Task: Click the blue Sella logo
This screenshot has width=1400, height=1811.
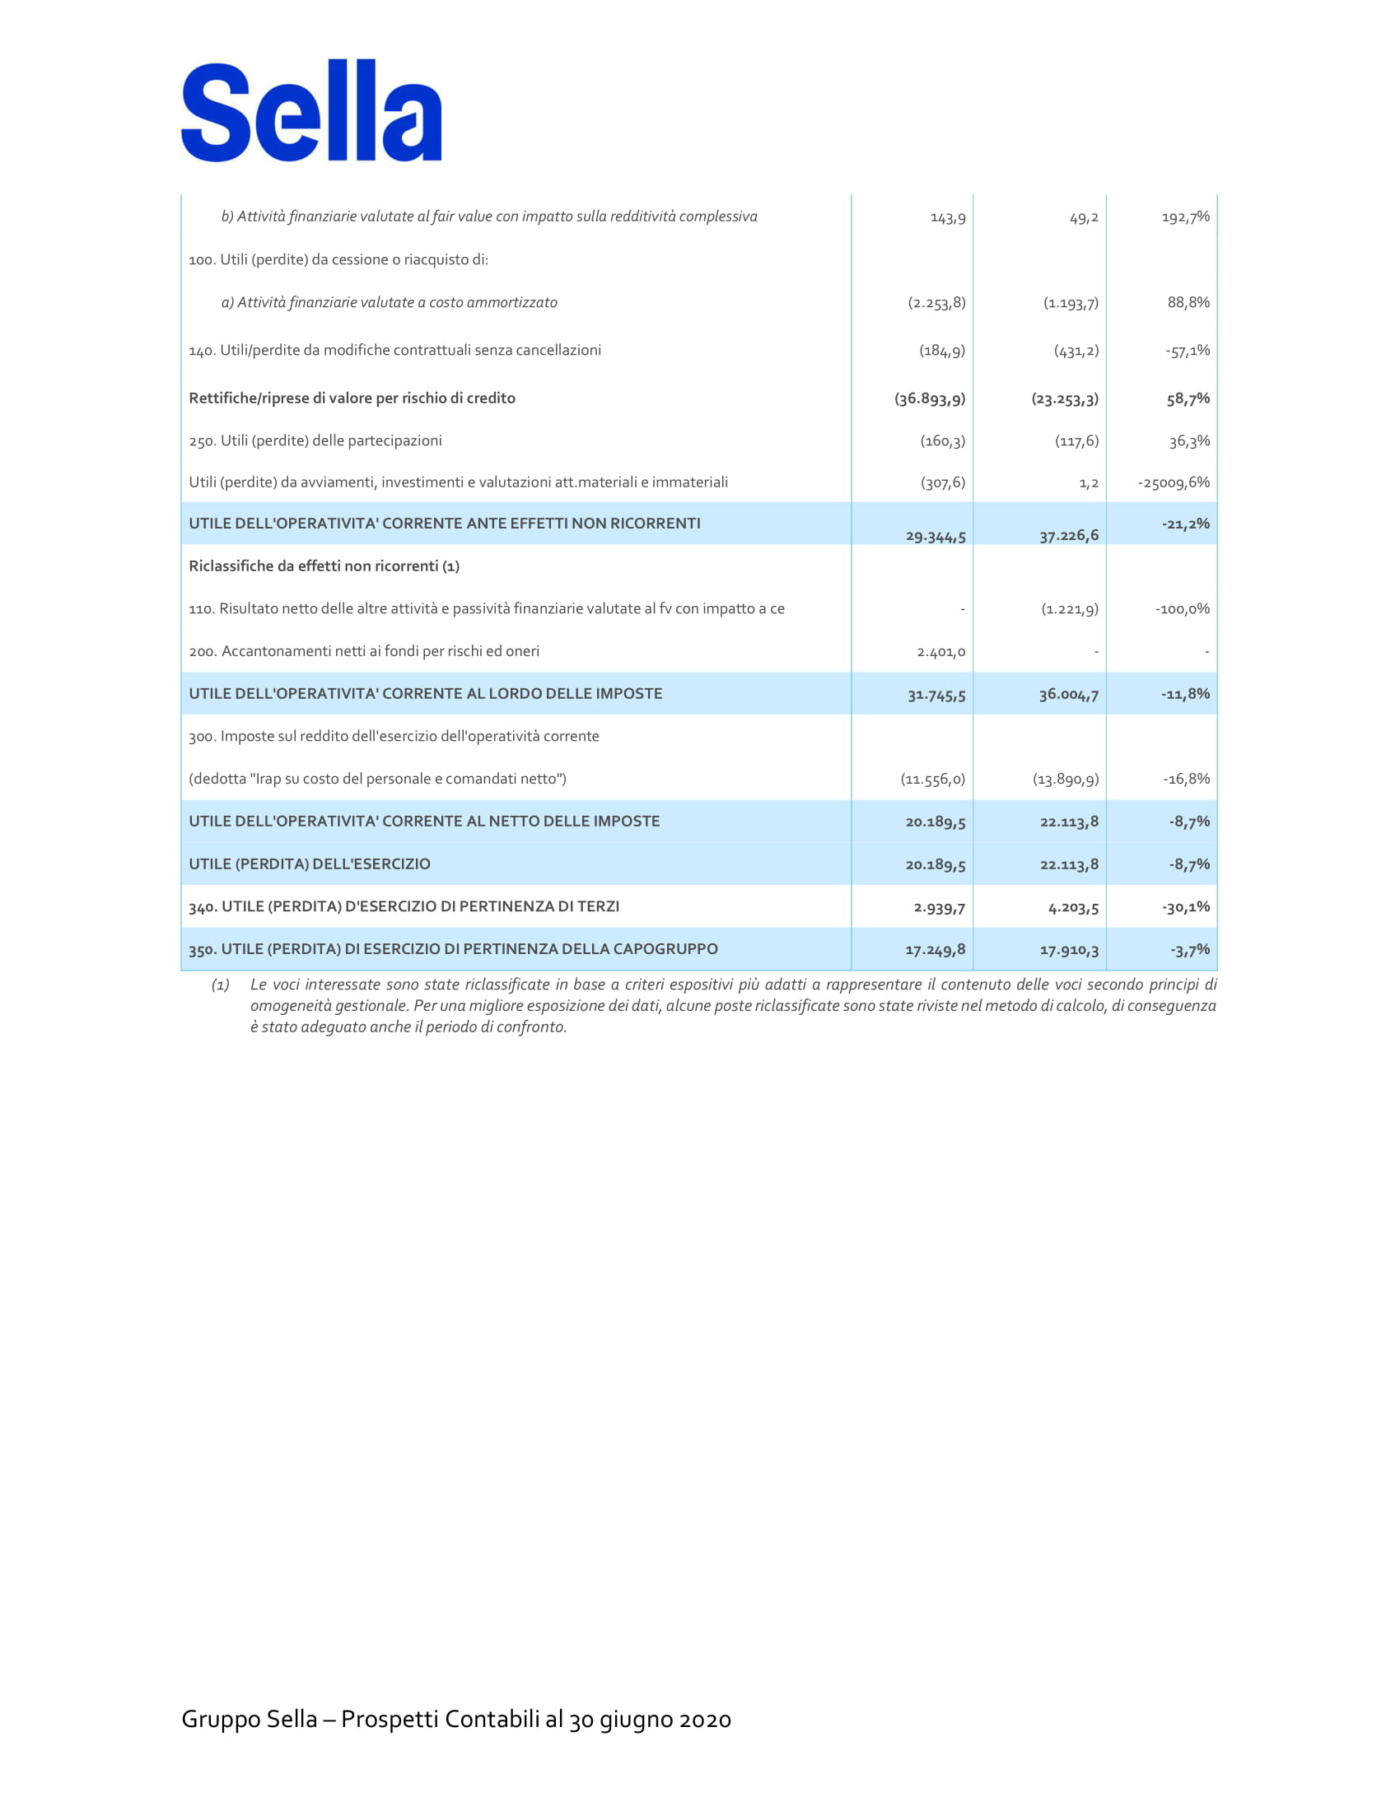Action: [311, 111]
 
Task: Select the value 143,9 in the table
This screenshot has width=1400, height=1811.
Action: [948, 218]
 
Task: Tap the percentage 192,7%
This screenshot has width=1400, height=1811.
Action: [1185, 217]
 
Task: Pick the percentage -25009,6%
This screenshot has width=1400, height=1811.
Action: [1173, 482]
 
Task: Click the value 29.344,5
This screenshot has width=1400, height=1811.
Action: [936, 537]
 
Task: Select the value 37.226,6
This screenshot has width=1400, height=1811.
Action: [1069, 536]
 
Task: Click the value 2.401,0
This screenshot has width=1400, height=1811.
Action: [941, 652]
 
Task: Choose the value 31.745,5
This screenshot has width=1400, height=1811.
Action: [936, 695]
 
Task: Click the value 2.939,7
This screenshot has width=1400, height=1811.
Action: [940, 908]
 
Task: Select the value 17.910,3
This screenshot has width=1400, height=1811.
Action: [1069, 950]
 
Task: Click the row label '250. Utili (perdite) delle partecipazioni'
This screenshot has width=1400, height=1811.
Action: [315, 440]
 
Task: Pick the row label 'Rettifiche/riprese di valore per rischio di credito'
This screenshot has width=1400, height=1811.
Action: [352, 398]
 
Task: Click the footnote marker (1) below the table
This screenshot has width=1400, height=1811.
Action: [220, 985]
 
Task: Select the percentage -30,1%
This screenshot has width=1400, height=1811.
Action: [1185, 907]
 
